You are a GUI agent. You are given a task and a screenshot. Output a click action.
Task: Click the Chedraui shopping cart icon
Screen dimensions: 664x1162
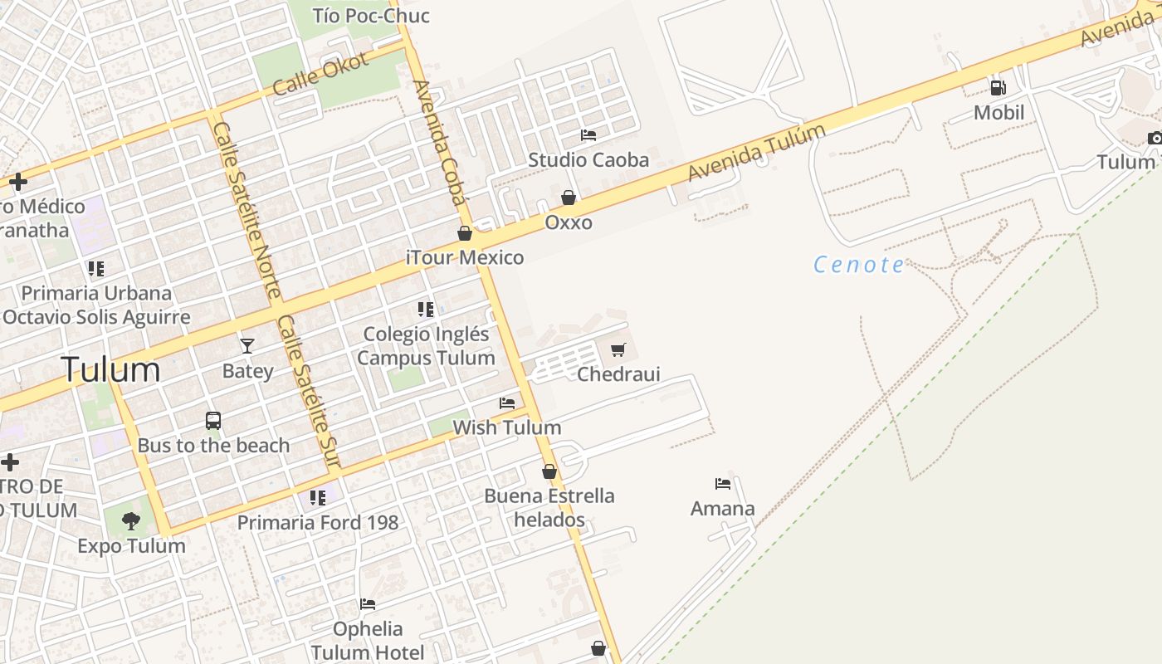pyautogui.click(x=618, y=350)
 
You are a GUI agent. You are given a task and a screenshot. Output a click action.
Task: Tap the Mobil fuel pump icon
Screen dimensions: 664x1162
pyautogui.click(x=998, y=87)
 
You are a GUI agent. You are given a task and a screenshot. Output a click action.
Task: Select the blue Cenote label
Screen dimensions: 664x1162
pyautogui.click(x=859, y=265)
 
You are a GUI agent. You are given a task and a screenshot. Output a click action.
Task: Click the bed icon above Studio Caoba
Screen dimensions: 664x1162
pyautogui.click(x=588, y=134)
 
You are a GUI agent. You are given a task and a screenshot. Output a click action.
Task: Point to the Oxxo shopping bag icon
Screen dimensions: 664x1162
pyautogui.click(x=569, y=198)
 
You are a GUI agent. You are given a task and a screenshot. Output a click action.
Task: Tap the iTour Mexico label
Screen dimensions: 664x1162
pyautogui.click(x=465, y=257)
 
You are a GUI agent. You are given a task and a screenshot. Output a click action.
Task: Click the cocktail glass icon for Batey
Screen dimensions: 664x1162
pyautogui.click(x=247, y=345)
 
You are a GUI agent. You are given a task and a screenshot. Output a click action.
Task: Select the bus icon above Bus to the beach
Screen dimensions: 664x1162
pyautogui.click(x=213, y=421)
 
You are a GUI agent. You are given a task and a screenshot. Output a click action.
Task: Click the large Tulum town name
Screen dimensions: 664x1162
pyautogui.click(x=110, y=370)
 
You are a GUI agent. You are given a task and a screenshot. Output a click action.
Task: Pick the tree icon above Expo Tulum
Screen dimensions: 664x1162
pyautogui.click(x=130, y=521)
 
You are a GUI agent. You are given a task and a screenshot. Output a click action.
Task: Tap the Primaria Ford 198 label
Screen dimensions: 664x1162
pyautogui.click(x=318, y=523)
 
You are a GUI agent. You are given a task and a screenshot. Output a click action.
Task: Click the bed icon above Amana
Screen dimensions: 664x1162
pyautogui.click(x=723, y=484)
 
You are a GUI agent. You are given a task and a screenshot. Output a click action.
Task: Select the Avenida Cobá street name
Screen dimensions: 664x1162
pyautogui.click(x=439, y=142)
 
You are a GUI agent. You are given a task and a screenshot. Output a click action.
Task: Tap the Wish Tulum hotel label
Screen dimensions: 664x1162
pyautogui.click(x=506, y=427)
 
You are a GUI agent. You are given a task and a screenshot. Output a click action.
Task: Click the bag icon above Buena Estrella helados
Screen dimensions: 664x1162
pyautogui.click(x=549, y=471)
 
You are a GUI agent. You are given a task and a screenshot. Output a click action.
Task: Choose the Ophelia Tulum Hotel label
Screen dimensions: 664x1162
pyautogui.click(x=368, y=641)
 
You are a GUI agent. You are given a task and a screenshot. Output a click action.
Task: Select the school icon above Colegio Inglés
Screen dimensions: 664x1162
pyautogui.click(x=426, y=310)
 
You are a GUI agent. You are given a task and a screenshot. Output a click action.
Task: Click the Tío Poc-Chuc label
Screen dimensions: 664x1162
pyautogui.click(x=371, y=15)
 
